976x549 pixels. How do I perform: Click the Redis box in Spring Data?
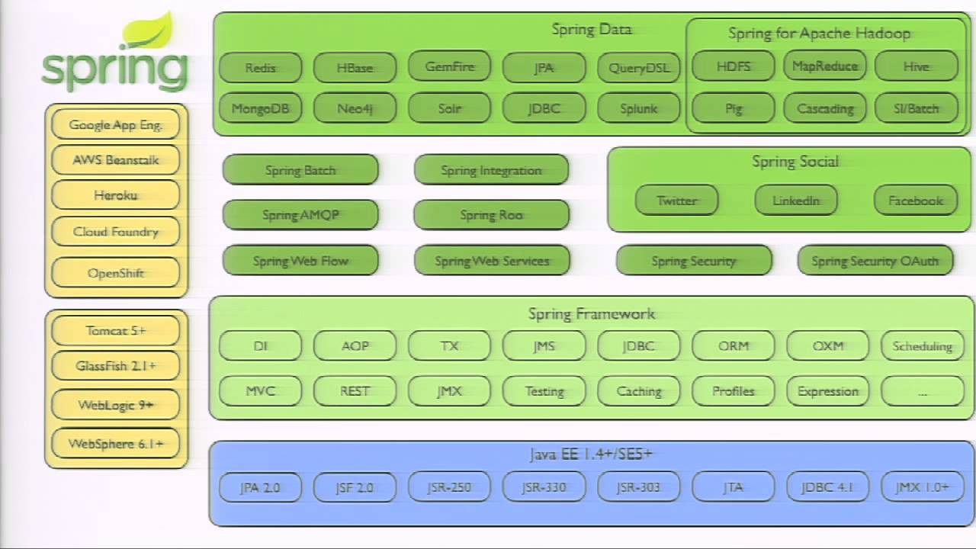tap(260, 67)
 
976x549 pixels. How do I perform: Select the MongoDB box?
tap(260, 108)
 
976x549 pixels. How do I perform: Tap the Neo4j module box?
tap(355, 108)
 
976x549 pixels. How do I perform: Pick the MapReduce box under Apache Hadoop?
tap(825, 66)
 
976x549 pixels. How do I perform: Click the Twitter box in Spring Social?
tap(677, 201)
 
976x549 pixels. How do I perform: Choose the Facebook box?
tap(916, 201)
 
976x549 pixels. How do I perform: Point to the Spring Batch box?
tap(300, 170)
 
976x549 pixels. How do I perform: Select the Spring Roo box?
tap(492, 215)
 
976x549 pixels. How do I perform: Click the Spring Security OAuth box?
tap(875, 261)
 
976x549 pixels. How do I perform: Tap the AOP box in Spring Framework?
tap(355, 345)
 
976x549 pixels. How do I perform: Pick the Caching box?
tap(639, 391)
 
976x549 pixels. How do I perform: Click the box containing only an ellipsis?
tap(923, 391)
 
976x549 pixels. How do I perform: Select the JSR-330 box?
tap(544, 487)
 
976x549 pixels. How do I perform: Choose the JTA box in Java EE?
tap(734, 487)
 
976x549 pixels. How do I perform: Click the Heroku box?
tap(116, 195)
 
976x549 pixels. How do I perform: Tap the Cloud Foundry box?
tap(116, 232)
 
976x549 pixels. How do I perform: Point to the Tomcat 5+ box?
tap(116, 331)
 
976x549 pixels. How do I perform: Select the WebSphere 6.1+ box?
tap(116, 444)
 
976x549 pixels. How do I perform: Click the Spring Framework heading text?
tap(592, 313)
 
